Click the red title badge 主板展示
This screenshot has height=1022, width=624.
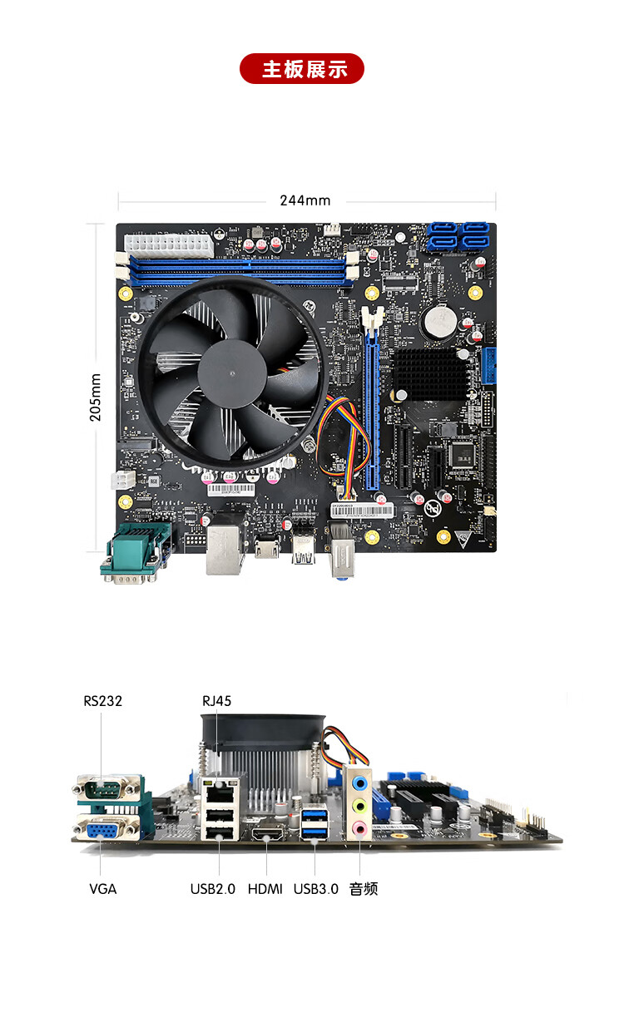click(302, 69)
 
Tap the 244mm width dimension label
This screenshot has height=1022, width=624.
click(305, 200)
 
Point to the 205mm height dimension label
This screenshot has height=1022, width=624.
click(95, 397)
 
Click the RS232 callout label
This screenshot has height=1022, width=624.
click(102, 701)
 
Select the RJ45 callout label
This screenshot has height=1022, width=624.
click(216, 701)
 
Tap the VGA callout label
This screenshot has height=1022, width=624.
click(102, 889)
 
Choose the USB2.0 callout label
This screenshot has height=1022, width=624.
click(213, 889)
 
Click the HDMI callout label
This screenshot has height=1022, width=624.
click(265, 889)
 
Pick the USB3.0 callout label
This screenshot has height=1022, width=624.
click(316, 889)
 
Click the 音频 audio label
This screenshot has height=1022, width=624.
click(364, 889)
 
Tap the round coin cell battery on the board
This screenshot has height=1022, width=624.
click(439, 320)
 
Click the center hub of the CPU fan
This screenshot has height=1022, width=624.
click(232, 374)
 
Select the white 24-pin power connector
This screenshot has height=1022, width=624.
click(169, 245)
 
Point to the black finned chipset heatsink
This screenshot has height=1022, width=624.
click(429, 374)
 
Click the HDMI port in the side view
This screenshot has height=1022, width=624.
click(268, 834)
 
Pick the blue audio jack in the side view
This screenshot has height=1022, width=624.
click(359, 784)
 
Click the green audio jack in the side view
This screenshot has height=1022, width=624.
click(359, 806)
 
